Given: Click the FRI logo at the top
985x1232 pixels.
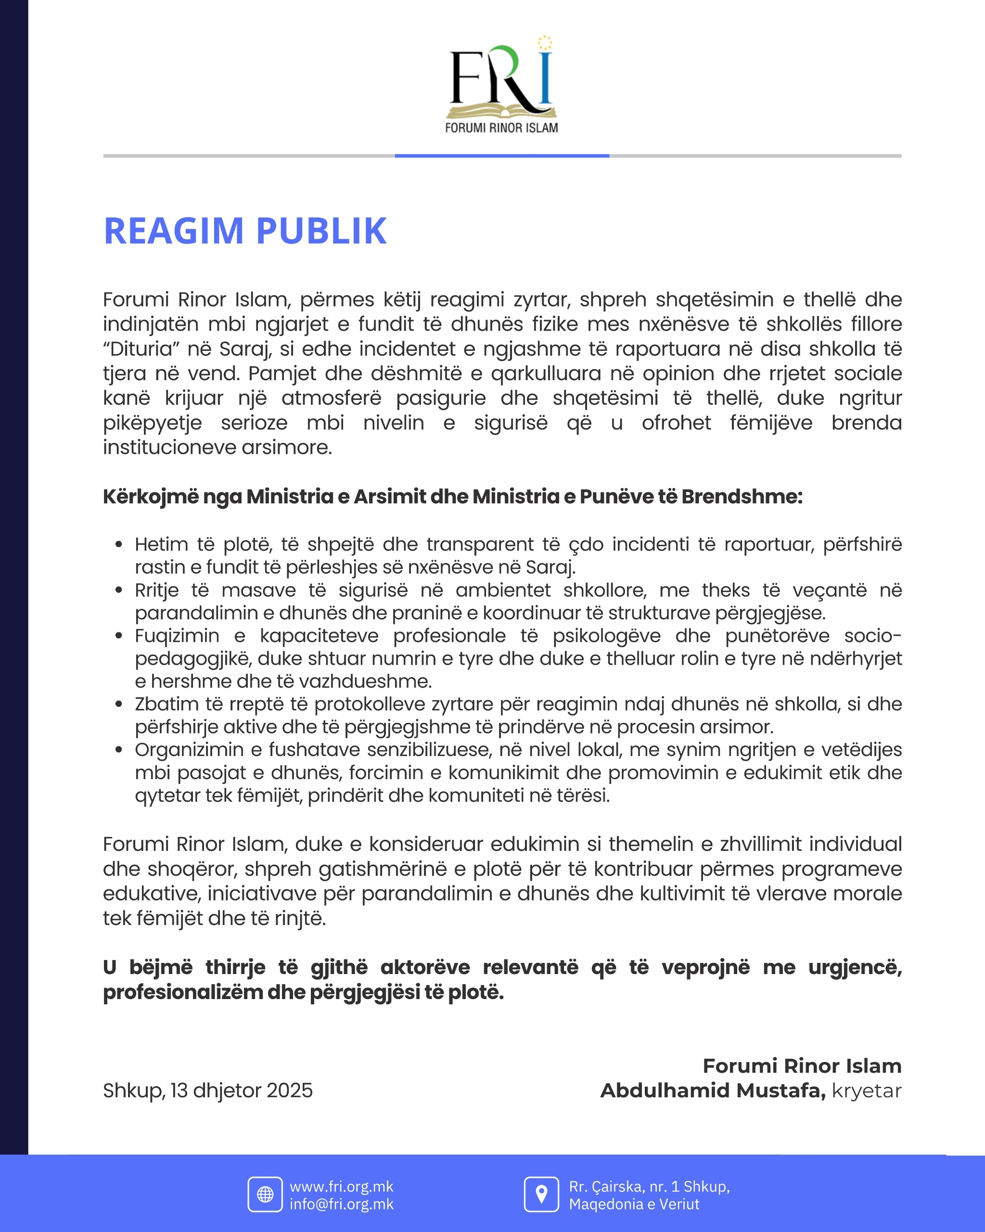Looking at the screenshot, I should click(501, 86).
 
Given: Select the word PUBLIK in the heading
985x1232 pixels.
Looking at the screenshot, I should click(321, 231).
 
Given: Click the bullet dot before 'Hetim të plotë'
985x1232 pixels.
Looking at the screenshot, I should click(119, 545).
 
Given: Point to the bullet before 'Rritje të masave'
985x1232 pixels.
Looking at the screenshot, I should click(119, 590).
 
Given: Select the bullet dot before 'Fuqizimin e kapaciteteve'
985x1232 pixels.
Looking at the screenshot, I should click(119, 636).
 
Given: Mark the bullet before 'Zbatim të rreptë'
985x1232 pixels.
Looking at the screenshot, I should click(119, 704).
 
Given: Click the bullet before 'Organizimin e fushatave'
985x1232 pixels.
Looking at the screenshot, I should click(119, 750).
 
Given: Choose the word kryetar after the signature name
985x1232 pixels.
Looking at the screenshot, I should click(866, 1091).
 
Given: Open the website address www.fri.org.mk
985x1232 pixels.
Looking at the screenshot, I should click(342, 1187).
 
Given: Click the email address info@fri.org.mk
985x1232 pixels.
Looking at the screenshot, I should click(342, 1204).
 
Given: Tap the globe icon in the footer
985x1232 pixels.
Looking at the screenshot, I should click(265, 1195).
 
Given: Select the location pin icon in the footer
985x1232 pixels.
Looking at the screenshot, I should click(541, 1195).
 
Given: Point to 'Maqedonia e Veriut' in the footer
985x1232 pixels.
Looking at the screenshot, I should click(634, 1204).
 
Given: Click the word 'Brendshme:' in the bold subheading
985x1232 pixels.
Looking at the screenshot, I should click(742, 497).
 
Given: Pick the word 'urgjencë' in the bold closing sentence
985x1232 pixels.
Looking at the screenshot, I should click(855, 967).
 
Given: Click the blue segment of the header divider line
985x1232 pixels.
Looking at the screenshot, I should click(501, 155).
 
